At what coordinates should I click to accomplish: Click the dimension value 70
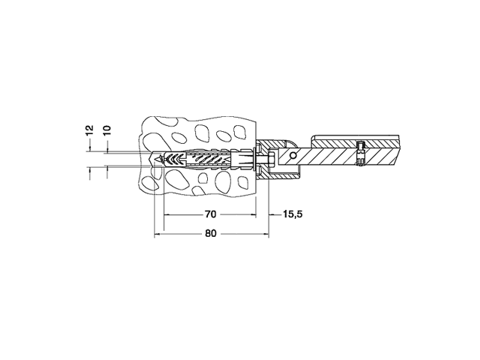[x=210, y=214]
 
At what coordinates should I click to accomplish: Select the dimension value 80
[x=210, y=234]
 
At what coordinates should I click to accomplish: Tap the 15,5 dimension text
[x=293, y=214]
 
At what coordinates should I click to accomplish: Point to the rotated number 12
[x=89, y=130]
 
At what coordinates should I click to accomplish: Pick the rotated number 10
[x=107, y=130]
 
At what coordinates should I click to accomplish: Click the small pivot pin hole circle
[x=293, y=155]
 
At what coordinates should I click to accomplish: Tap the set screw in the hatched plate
[x=360, y=153]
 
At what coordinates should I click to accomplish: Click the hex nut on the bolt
[x=270, y=159]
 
